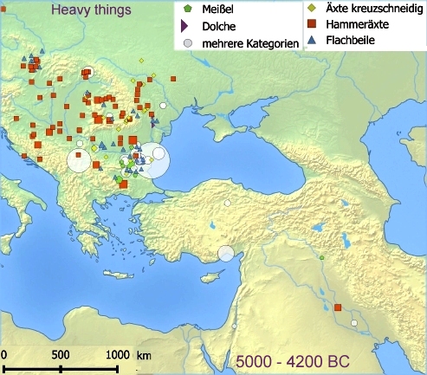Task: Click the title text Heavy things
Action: (x=90, y=11)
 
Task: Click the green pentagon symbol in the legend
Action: (x=186, y=10)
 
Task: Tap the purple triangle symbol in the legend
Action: (x=186, y=26)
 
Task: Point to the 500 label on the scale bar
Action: (x=60, y=355)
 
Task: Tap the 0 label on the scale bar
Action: (x=4, y=355)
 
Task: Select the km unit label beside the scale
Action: (x=144, y=355)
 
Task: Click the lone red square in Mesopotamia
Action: (x=338, y=307)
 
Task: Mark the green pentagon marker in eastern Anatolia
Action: (x=321, y=257)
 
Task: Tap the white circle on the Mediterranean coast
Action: (x=226, y=253)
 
